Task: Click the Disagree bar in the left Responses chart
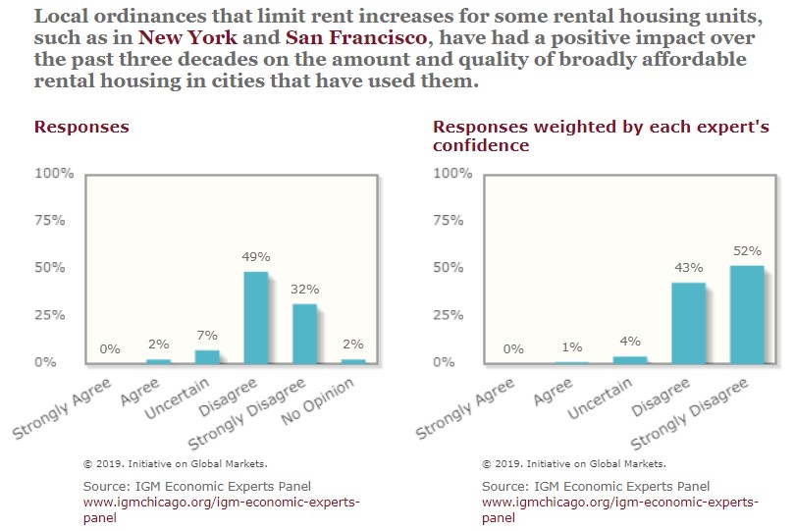[256, 317]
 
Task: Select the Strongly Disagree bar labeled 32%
[305, 334]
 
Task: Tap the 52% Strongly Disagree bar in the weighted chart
[747, 314]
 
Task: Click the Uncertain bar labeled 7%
[207, 357]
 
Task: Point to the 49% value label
[256, 257]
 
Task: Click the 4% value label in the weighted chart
[630, 342]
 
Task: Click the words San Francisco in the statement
[356, 40]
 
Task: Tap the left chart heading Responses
[81, 128]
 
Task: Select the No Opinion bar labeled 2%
[354, 361]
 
